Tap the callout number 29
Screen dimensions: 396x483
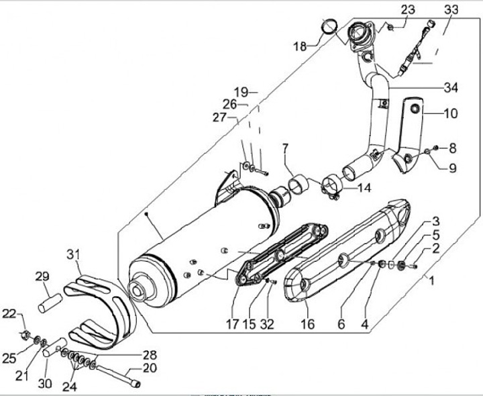point(42,277)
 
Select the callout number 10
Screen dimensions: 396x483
point(450,113)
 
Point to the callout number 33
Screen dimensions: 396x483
point(451,9)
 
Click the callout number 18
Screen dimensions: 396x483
point(299,46)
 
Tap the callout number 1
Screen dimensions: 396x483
point(431,281)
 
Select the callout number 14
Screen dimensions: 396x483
point(363,188)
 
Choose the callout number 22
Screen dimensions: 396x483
point(9,313)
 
